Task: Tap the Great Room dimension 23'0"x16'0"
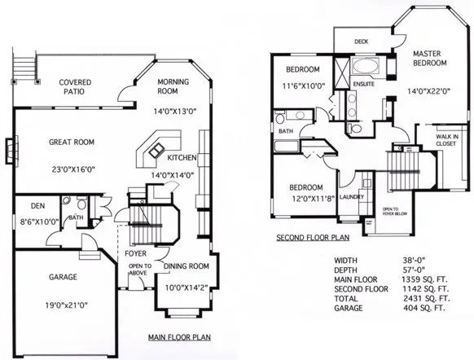point(71,169)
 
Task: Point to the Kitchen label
point(180,157)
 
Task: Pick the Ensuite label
point(363,83)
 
